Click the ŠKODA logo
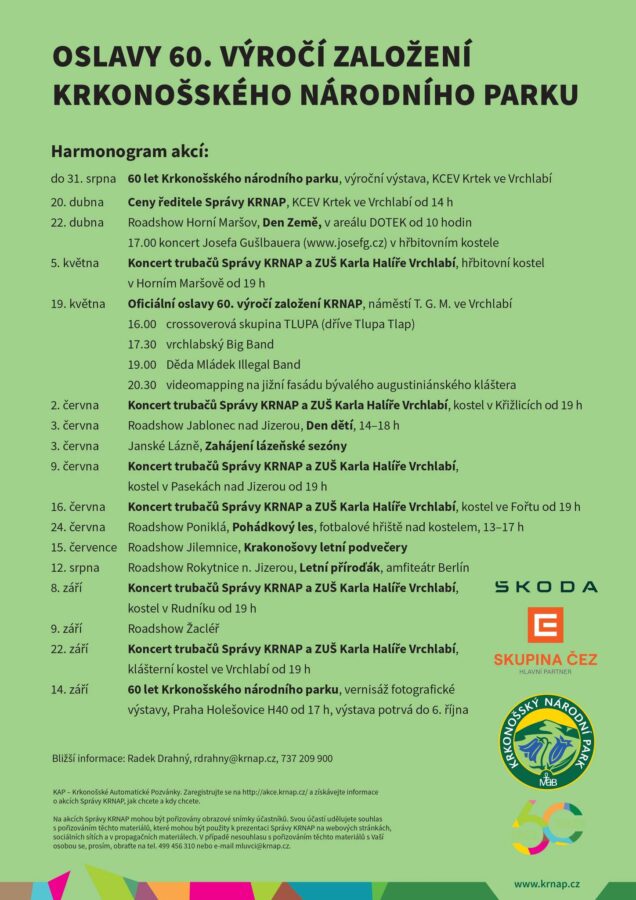pyautogui.click(x=545, y=587)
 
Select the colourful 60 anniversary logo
pyautogui.click(x=546, y=828)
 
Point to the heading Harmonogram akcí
pyautogui.click(x=130, y=152)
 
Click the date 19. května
pyautogui.click(x=77, y=303)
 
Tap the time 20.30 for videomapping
pyautogui.click(x=142, y=384)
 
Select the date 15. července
pyautogui.click(x=84, y=547)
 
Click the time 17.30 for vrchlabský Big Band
pyautogui.click(x=142, y=344)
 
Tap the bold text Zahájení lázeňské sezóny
pyautogui.click(x=277, y=445)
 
